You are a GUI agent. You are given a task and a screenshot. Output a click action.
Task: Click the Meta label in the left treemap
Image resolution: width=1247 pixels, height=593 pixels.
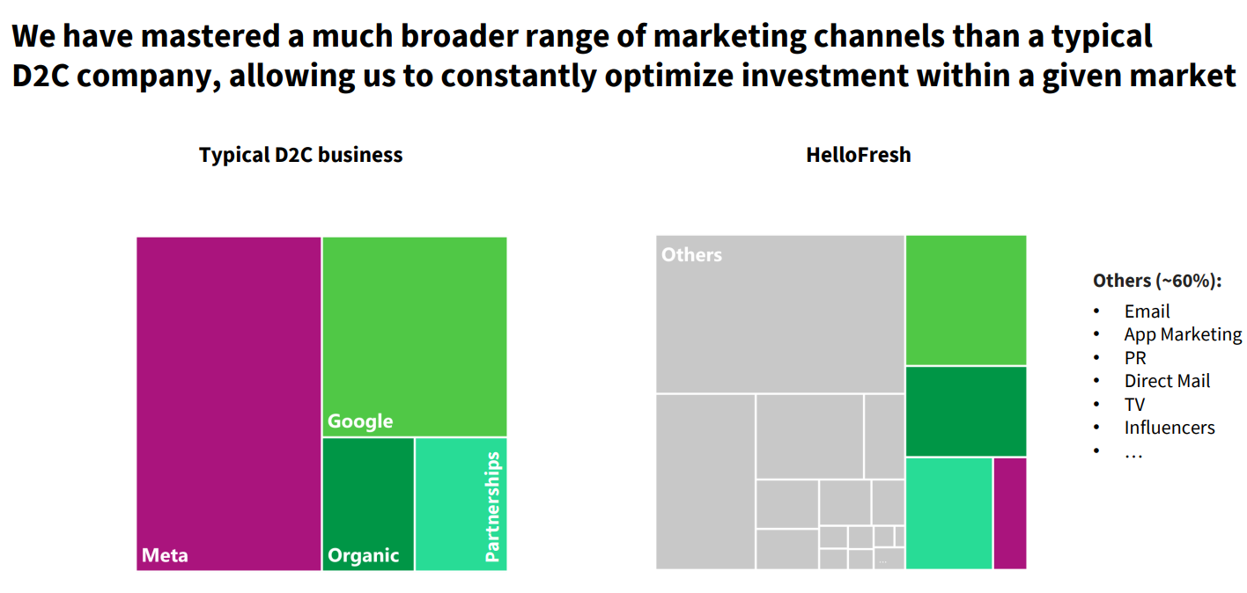pyautogui.click(x=165, y=555)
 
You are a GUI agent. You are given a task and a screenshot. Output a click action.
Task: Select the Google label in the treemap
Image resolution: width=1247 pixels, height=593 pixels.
pyautogui.click(x=360, y=421)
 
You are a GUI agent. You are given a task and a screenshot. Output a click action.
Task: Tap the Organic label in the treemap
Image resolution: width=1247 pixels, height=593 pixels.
pyautogui.click(x=363, y=555)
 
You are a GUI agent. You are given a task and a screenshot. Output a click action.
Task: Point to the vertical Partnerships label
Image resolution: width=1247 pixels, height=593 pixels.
pyautogui.click(x=492, y=507)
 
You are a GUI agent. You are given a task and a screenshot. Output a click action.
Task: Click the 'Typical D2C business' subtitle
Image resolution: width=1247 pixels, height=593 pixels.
pyautogui.click(x=300, y=156)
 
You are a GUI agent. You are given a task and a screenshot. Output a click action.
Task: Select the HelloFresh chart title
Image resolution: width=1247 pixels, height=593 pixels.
pyautogui.click(x=858, y=156)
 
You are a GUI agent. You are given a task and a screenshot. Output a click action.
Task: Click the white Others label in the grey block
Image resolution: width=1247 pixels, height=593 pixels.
pyautogui.click(x=691, y=255)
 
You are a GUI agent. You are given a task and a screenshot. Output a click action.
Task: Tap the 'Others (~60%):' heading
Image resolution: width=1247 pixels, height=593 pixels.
pyautogui.click(x=1157, y=281)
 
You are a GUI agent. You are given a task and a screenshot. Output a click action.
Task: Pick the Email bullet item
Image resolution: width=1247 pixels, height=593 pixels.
pyautogui.click(x=1147, y=311)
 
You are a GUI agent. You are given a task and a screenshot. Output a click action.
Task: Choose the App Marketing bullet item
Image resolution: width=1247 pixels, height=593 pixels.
pyautogui.click(x=1183, y=334)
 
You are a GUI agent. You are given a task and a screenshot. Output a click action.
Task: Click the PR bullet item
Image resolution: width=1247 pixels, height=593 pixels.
pyautogui.click(x=1135, y=358)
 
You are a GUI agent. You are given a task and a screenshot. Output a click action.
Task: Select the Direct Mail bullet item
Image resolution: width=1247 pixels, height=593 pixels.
pyautogui.click(x=1167, y=381)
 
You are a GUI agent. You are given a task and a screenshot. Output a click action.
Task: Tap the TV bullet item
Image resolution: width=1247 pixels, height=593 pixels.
pyautogui.click(x=1134, y=405)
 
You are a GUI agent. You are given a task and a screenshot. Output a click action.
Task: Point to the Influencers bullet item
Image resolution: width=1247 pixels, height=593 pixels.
pyautogui.click(x=1169, y=428)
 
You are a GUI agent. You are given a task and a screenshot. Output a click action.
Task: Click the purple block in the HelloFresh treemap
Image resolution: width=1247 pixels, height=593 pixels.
pyautogui.click(x=1010, y=513)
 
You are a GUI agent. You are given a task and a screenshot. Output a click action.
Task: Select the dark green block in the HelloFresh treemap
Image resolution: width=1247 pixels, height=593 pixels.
pyautogui.click(x=965, y=411)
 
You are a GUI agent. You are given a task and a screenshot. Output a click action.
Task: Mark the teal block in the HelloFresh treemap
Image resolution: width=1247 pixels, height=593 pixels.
pyautogui.click(x=948, y=513)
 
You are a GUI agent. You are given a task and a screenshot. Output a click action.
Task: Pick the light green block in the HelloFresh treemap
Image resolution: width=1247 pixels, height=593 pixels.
pyautogui.click(x=965, y=300)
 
